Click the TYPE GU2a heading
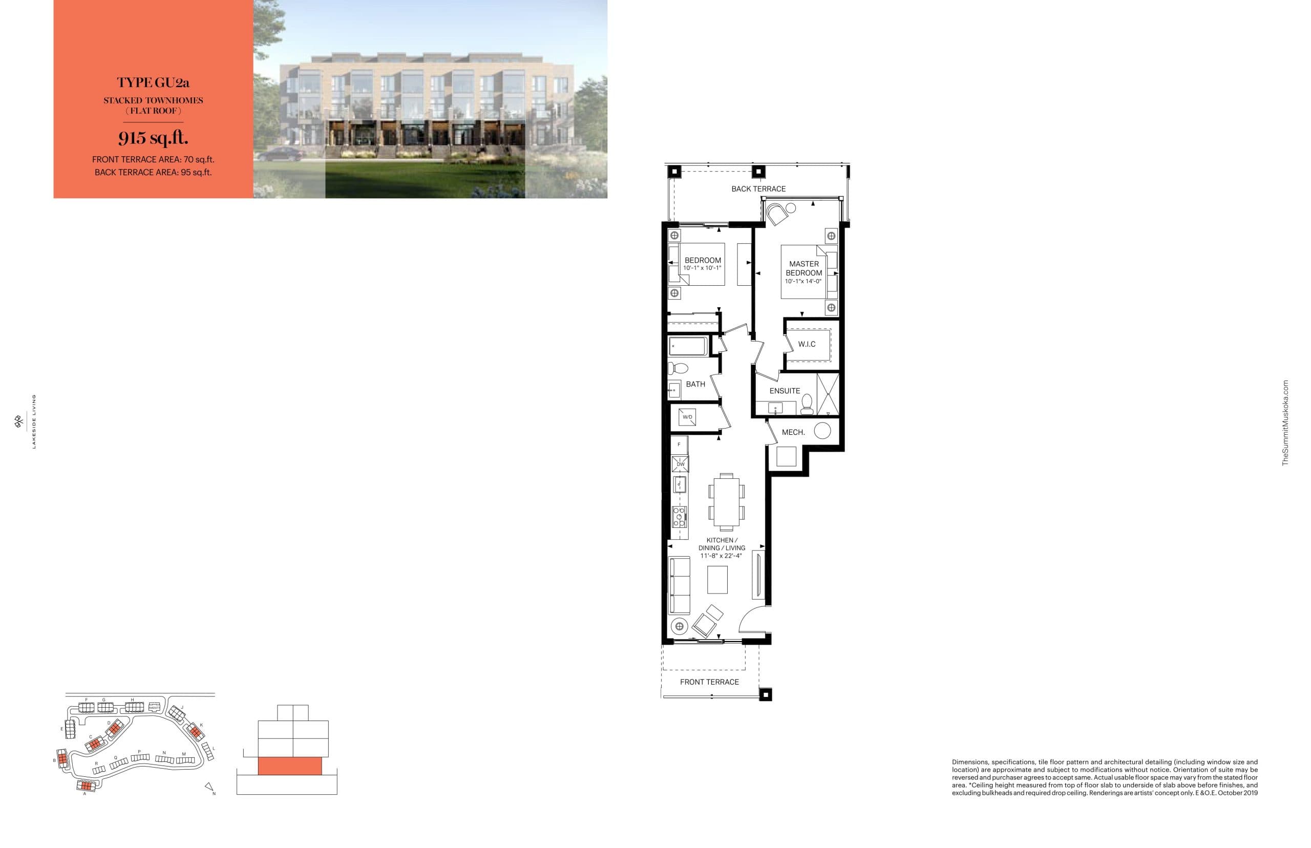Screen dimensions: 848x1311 click(153, 82)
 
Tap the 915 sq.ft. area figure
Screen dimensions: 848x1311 click(153, 137)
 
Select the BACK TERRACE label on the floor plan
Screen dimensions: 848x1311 click(758, 189)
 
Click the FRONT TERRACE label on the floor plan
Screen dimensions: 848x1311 click(709, 682)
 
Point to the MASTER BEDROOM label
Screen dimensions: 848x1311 click(804, 268)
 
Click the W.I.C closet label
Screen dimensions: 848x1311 click(807, 344)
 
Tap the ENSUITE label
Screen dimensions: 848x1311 click(785, 391)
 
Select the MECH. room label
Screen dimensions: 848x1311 click(793, 432)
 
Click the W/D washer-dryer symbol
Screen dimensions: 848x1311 click(688, 417)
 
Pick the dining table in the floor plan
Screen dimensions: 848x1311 click(726, 500)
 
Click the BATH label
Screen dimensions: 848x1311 click(695, 384)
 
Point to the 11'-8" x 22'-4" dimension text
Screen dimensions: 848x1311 click(721, 556)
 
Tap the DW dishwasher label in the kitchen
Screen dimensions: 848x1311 click(681, 464)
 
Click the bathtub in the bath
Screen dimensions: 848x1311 click(687, 347)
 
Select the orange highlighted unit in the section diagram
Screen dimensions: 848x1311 click(290, 766)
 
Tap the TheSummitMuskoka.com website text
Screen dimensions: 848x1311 click(1286, 422)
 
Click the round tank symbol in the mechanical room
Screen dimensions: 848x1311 click(822, 431)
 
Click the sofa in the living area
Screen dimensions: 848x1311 click(680, 585)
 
